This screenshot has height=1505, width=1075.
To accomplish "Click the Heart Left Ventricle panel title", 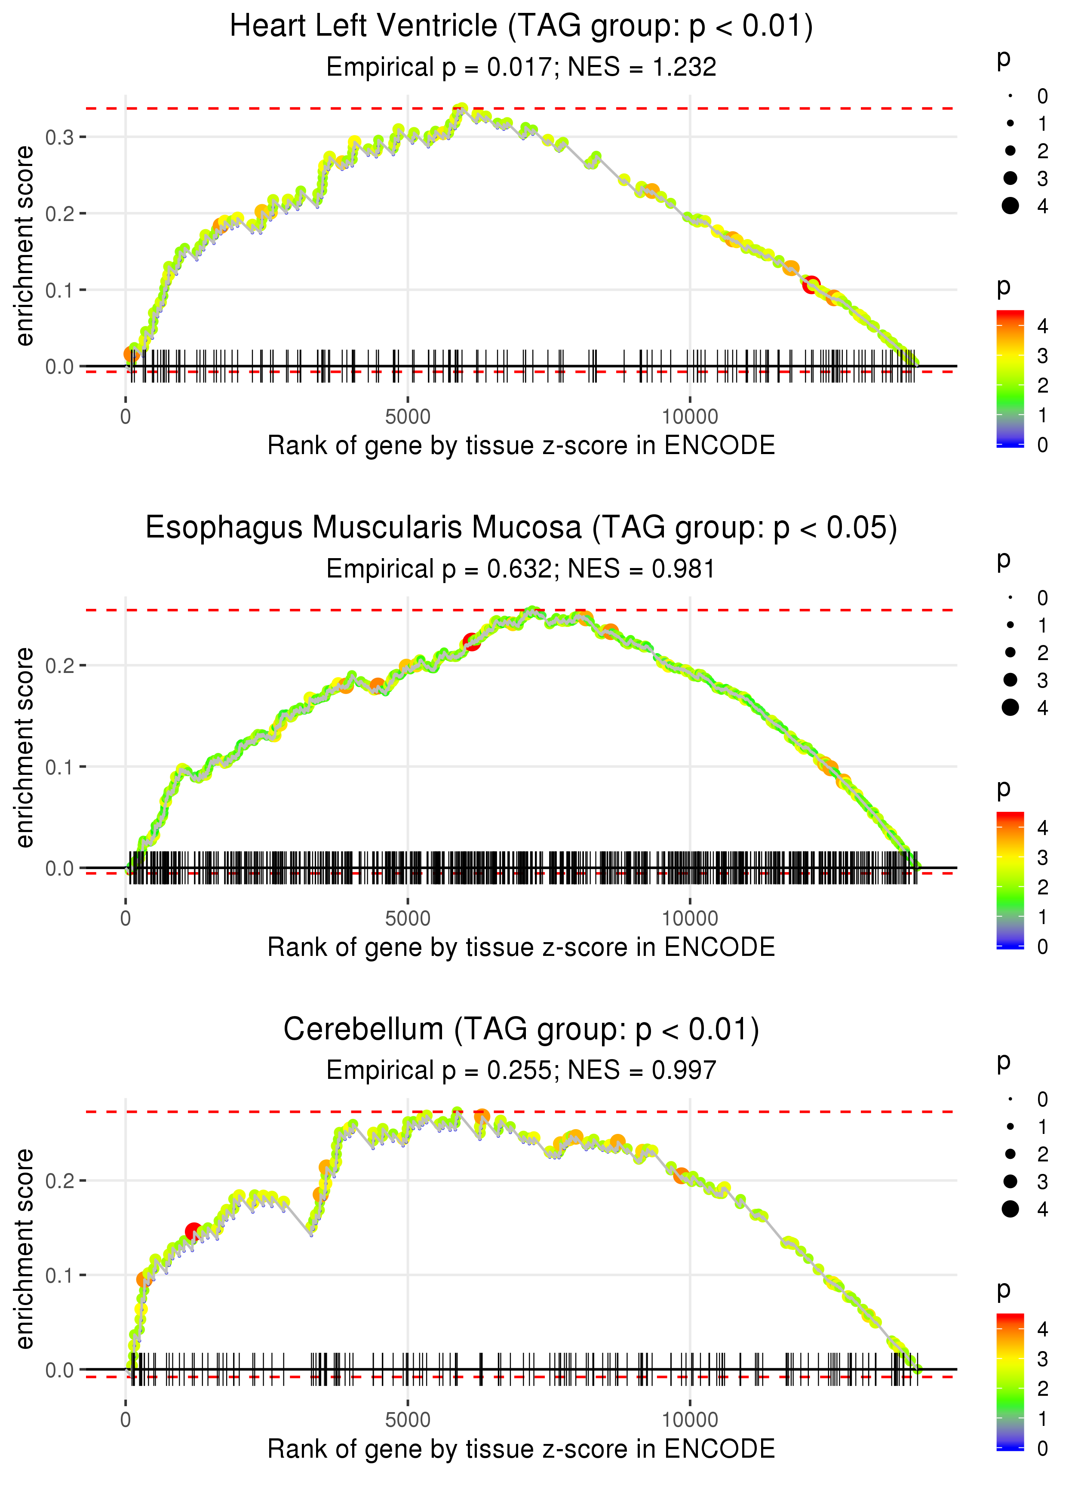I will (x=521, y=27).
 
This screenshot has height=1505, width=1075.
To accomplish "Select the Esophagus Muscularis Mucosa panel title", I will (x=521, y=528).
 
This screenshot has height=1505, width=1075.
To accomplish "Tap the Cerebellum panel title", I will (x=521, y=1030).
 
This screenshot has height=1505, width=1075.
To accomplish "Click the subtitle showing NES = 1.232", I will (x=521, y=67).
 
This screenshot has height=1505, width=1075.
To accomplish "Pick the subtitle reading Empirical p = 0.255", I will (x=521, y=1070).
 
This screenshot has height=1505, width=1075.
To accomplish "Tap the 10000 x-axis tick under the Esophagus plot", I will (x=690, y=918).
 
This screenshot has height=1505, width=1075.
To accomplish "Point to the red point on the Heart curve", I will (x=811, y=285).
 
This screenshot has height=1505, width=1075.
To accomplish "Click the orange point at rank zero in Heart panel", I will (x=132, y=355).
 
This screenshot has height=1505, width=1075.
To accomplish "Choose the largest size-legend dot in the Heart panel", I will (x=1010, y=206).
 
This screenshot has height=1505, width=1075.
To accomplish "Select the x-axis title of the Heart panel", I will (x=521, y=445).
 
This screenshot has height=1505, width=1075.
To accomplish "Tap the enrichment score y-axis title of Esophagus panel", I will (x=25, y=747).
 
